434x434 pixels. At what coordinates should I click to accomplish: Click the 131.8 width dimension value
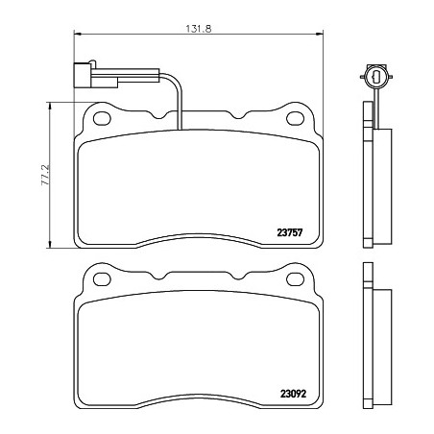pos(199,29)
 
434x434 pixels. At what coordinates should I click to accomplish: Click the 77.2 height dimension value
pos(46,175)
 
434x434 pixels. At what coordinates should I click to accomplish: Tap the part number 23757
pos(290,232)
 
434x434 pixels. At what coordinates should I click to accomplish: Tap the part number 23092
pos(293,394)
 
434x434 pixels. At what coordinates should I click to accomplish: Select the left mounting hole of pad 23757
pos(102,119)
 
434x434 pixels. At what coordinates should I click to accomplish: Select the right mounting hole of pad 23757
pos(295,119)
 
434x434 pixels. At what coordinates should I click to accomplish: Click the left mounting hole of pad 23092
pos(102,279)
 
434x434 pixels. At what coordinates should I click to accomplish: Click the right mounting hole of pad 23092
pos(295,279)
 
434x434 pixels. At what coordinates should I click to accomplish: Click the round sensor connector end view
pos(376,76)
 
